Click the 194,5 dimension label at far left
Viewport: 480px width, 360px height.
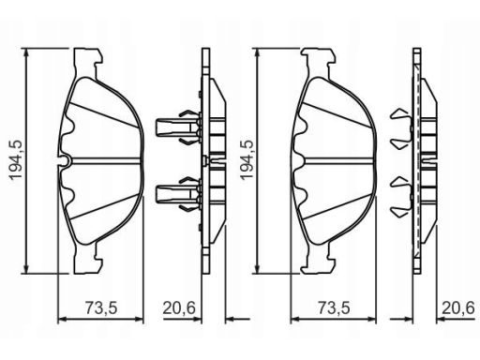[16, 160]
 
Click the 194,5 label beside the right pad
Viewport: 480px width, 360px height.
[247, 160]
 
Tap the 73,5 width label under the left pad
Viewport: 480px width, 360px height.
[101, 308]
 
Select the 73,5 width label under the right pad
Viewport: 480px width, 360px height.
[334, 308]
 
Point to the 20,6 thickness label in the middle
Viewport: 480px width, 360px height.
[179, 308]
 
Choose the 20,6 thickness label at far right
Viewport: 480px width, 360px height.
[458, 308]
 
